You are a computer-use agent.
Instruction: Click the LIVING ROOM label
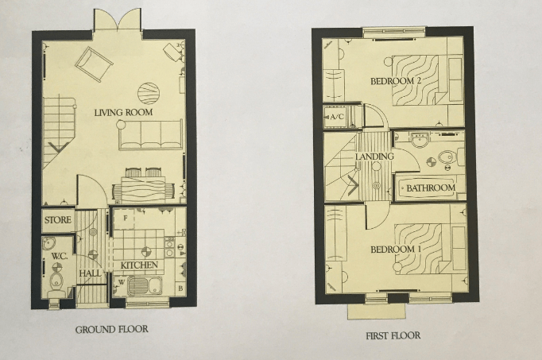coord(123,113)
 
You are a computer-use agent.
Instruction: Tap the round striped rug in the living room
coord(148,93)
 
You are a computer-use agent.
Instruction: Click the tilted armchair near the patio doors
coord(94,63)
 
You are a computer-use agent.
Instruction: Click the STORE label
coord(57,219)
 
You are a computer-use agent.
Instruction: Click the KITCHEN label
coord(139,265)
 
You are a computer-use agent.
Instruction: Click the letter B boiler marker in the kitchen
coord(180,288)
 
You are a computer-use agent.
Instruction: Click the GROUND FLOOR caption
coord(111,329)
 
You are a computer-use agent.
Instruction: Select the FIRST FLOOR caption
coord(393,335)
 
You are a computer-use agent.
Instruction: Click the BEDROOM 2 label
coord(396,81)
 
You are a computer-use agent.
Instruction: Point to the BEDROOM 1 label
coord(395,250)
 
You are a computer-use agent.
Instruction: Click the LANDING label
coord(374,157)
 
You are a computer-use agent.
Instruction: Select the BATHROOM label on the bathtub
coord(431,189)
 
